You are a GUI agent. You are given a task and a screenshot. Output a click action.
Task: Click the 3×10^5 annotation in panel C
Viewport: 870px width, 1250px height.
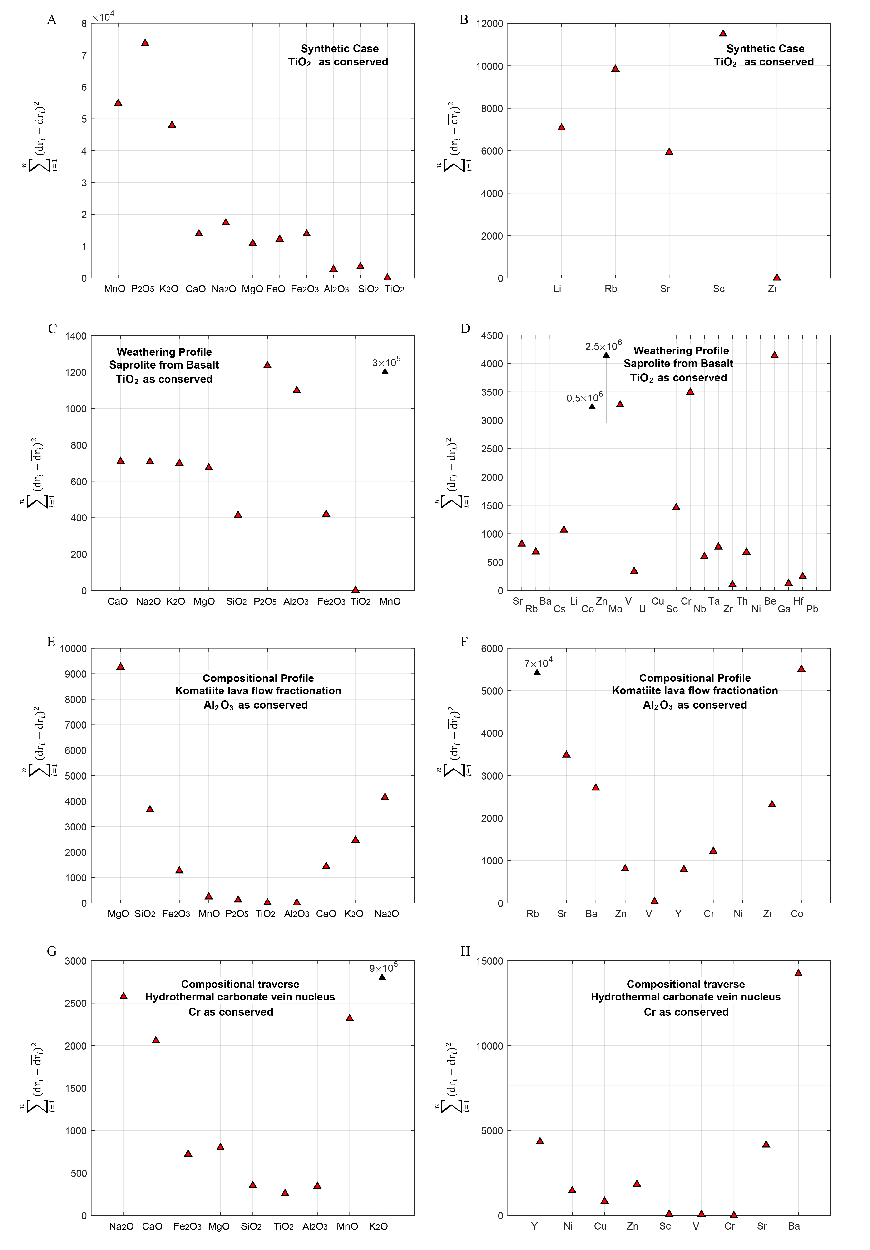(x=386, y=363)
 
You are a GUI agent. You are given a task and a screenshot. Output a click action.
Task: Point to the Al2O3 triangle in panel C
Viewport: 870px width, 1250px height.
(x=297, y=390)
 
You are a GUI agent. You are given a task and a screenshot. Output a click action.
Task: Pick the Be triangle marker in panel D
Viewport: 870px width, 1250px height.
(x=774, y=355)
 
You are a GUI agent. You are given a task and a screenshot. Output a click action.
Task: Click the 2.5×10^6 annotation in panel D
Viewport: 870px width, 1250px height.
(x=603, y=346)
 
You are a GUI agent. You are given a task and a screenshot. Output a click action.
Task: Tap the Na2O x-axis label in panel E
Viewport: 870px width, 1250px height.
(x=386, y=914)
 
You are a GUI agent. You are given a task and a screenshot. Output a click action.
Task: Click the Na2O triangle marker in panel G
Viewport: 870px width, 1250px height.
(x=124, y=996)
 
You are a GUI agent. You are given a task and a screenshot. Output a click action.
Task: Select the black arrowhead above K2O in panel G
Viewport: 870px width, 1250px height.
(x=382, y=977)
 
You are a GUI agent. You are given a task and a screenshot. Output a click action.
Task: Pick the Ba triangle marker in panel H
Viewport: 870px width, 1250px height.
(x=798, y=973)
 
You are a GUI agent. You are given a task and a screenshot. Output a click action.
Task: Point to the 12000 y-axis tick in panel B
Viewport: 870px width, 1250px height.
(x=489, y=23)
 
